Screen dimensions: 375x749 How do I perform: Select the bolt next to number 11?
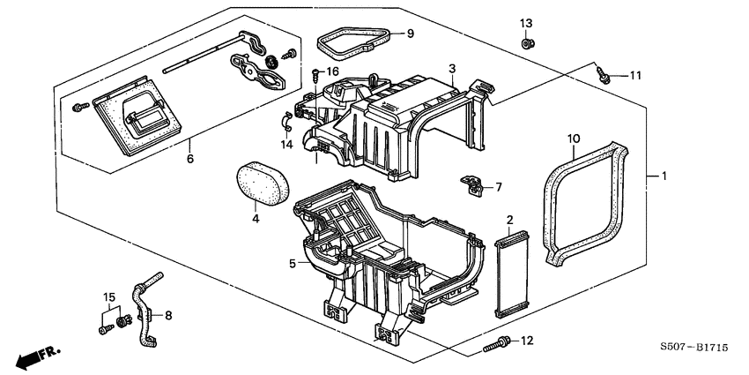click(x=602, y=75)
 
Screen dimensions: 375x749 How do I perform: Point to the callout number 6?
click(x=188, y=160)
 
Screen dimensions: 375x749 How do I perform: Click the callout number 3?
click(x=451, y=68)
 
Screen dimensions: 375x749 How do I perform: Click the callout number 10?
click(x=572, y=138)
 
